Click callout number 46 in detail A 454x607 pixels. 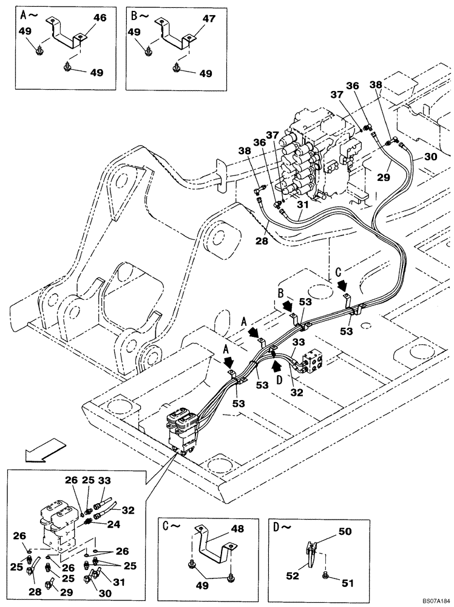click(x=100, y=19)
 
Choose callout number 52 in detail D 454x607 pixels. click(x=293, y=574)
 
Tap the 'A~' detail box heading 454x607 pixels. click(x=28, y=13)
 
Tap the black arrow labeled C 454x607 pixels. click(x=343, y=283)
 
